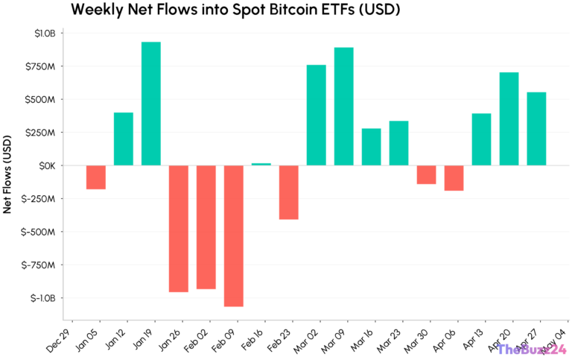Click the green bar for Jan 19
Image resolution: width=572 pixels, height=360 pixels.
click(x=151, y=104)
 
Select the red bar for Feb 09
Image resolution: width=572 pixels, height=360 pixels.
click(x=234, y=236)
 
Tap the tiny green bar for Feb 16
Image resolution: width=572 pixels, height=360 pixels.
click(x=261, y=164)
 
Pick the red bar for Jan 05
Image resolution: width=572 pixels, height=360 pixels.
click(x=96, y=177)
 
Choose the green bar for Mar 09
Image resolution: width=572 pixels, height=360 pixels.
click(x=343, y=107)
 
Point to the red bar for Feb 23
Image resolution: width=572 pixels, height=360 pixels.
click(x=289, y=192)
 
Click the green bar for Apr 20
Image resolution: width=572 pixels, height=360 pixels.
click(x=509, y=119)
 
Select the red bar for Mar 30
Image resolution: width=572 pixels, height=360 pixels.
click(x=426, y=174)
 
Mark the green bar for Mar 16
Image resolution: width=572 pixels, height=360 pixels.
click(x=371, y=147)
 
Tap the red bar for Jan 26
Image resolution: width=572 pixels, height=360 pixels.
click(x=179, y=228)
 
